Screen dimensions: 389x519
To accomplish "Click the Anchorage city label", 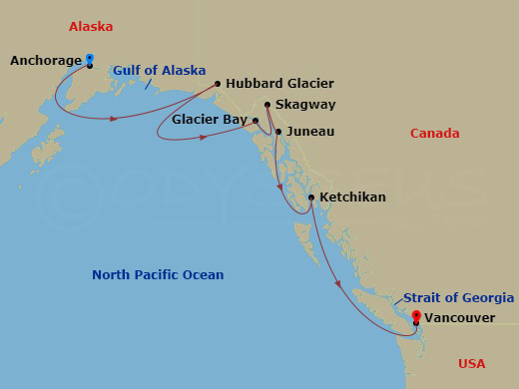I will pyautogui.click(x=45, y=61).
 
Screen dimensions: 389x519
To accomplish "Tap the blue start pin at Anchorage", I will pyautogui.click(x=90, y=59).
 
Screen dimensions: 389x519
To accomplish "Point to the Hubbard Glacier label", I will pyautogui.click(x=279, y=84).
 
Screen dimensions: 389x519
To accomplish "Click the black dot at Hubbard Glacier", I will pyautogui.click(x=218, y=84).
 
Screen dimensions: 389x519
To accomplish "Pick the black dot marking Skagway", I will pyautogui.click(x=267, y=104).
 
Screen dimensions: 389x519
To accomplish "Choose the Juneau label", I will pyautogui.click(x=309, y=131).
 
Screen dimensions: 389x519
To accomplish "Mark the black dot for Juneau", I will pyautogui.click(x=278, y=131).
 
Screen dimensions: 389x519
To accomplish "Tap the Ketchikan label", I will pyautogui.click(x=351, y=197).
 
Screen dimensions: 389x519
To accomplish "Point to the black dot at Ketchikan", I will pyautogui.click(x=311, y=197).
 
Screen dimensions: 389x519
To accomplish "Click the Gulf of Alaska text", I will pyautogui.click(x=159, y=71).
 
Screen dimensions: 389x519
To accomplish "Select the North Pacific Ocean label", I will pyautogui.click(x=158, y=275).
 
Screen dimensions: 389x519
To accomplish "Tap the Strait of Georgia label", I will pyautogui.click(x=459, y=298).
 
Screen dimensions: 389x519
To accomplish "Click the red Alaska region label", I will pyautogui.click(x=91, y=26).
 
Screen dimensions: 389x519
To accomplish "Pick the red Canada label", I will pyautogui.click(x=435, y=134).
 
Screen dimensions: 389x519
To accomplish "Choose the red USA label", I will pyautogui.click(x=472, y=363).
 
